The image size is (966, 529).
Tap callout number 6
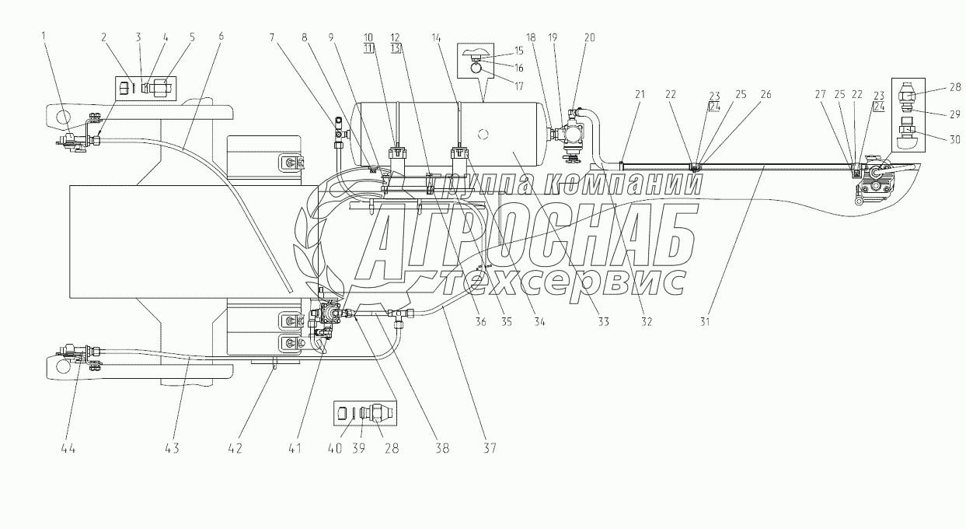coord(221,37)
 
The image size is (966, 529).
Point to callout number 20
coord(590,37)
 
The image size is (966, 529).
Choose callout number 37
coord(490,449)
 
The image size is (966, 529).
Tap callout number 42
coord(234,449)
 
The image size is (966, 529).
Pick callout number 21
coord(640,94)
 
